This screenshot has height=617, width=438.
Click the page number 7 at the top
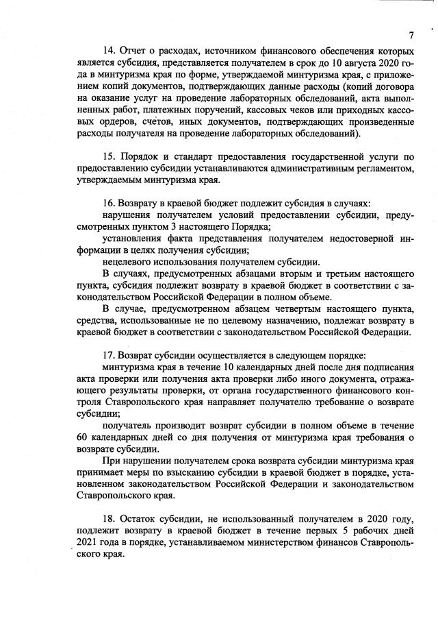pos(412,35)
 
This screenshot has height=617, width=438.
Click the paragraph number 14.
pos(108,51)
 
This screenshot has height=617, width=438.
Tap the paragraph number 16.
pos(108,204)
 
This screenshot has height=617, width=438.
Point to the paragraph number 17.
pos(108,355)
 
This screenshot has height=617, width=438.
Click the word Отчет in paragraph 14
pos(134,51)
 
